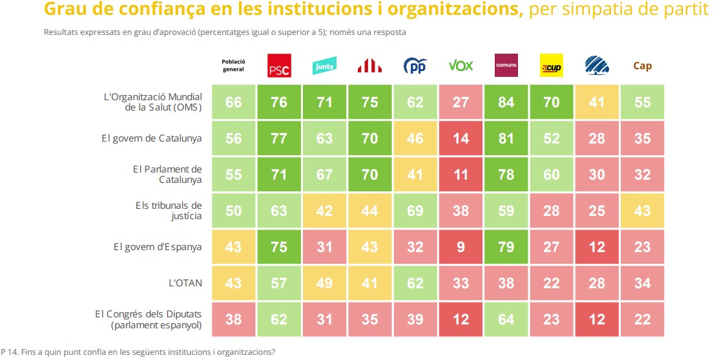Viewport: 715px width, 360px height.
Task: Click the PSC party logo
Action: click(278, 66)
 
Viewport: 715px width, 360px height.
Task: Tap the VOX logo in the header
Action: click(461, 66)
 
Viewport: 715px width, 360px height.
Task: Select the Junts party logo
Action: click(324, 66)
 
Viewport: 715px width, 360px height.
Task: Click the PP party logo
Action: click(415, 66)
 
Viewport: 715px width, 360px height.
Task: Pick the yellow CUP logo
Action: click(551, 66)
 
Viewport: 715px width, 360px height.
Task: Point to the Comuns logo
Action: click(506, 65)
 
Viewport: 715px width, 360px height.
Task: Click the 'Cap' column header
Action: click(642, 66)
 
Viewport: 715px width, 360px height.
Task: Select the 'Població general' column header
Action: click(233, 66)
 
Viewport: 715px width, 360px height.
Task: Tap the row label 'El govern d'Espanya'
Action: click(158, 246)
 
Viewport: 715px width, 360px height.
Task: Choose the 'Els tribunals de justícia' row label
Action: click(169, 211)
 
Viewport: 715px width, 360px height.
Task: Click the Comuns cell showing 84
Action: click(506, 102)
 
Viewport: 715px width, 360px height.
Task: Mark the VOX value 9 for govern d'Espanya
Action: click(461, 246)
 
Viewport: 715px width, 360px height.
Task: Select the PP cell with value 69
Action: click(415, 211)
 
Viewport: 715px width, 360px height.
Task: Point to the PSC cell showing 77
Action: click(278, 138)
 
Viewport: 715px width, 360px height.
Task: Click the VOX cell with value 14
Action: click(461, 138)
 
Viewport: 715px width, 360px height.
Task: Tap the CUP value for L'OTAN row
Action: click(551, 282)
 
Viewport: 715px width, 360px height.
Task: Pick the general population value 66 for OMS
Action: click(233, 102)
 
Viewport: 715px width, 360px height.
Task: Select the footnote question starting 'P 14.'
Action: click(139, 352)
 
